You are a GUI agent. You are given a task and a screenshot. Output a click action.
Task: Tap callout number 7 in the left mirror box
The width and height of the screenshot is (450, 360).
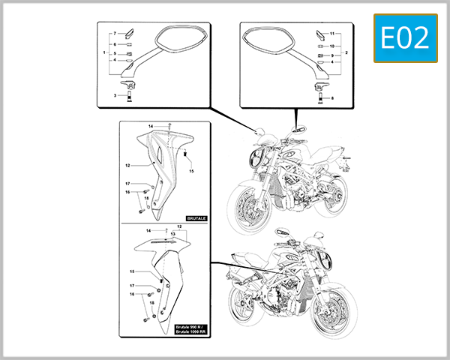click(115, 34)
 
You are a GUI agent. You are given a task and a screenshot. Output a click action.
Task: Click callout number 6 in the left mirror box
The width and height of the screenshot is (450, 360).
click(115, 44)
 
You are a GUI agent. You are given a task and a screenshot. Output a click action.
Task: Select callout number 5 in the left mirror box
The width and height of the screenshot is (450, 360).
click(115, 54)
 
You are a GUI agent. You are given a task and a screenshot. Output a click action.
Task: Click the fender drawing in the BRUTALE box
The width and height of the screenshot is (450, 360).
click(161, 169)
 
